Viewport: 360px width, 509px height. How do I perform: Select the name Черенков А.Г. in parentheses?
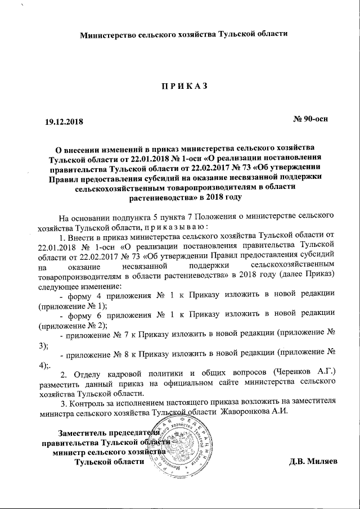305,373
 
